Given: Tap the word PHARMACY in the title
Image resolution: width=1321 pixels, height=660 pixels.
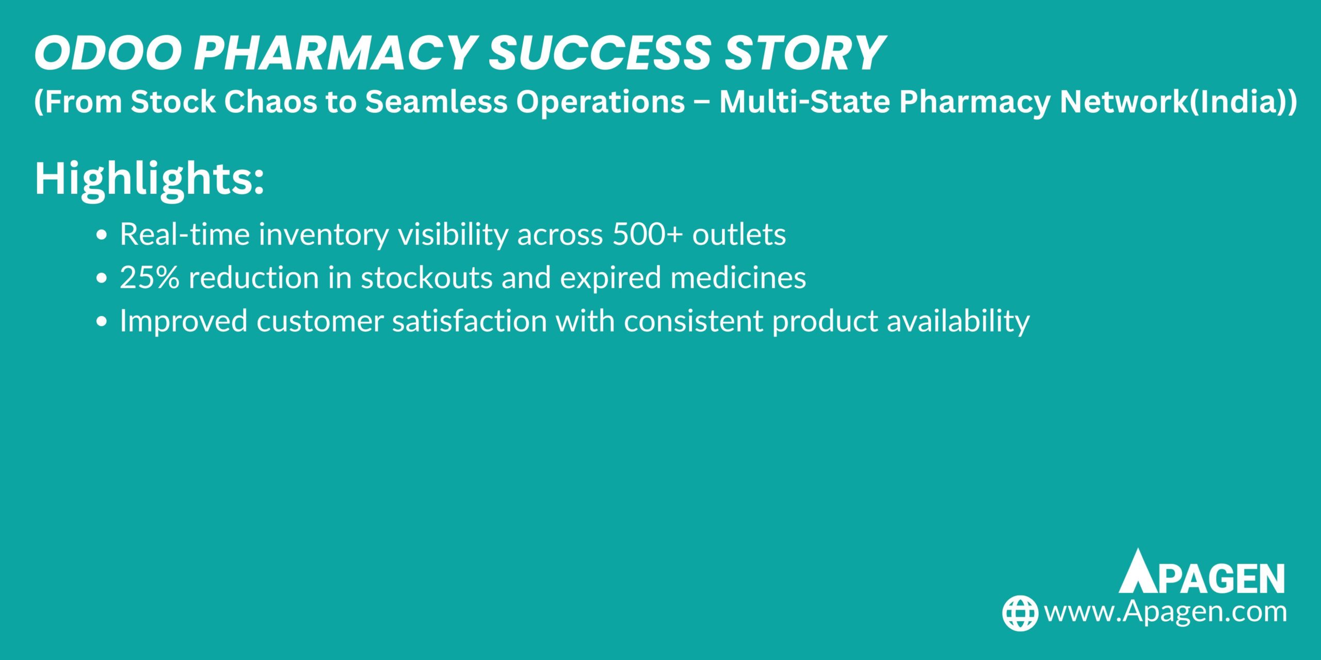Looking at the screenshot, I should click(334, 53).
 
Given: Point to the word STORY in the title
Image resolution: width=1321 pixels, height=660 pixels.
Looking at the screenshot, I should click(806, 53).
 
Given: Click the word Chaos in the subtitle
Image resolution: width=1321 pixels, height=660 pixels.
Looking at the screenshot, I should click(270, 102).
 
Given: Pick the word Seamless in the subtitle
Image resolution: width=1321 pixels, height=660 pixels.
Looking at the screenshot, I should click(436, 102).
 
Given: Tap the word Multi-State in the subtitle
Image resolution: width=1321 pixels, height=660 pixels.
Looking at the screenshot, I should click(804, 102).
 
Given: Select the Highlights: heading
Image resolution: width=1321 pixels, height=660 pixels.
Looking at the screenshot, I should click(149, 179).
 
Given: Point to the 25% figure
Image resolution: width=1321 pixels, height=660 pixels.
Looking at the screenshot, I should click(150, 277).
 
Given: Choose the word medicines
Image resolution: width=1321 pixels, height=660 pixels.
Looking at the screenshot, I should click(738, 277).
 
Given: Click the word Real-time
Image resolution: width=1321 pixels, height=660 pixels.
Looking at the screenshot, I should click(185, 234).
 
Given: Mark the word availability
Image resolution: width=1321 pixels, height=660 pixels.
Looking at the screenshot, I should click(958, 321).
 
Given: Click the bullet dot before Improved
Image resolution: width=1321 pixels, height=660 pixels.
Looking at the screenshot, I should click(102, 322).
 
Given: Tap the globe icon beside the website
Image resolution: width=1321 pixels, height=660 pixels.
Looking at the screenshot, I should click(1020, 613).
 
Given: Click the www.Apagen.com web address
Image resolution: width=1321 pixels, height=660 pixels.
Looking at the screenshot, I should click(1165, 612).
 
